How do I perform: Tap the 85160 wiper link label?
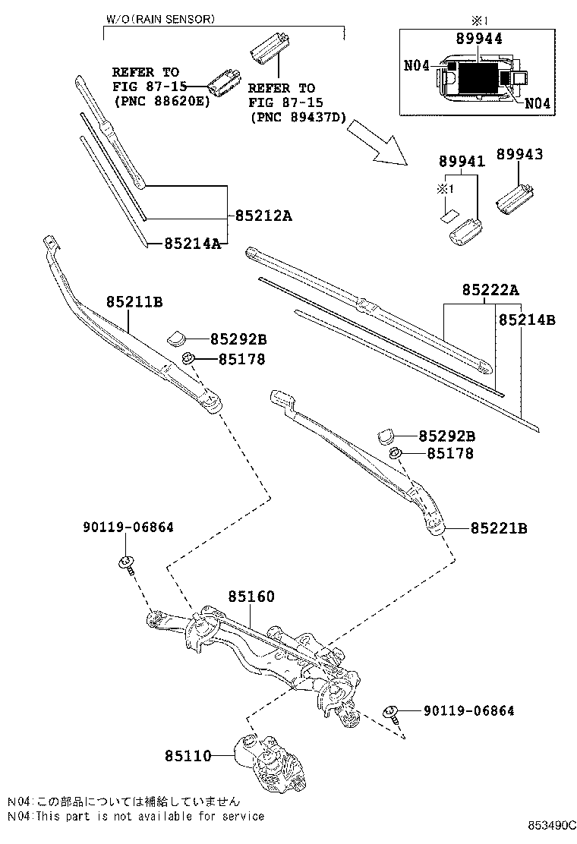click(250, 598)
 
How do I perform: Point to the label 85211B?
click(134, 302)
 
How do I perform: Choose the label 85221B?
click(498, 527)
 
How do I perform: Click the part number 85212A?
click(263, 216)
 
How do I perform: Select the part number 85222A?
click(490, 290)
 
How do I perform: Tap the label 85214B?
click(527, 320)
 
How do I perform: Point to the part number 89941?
click(460, 161)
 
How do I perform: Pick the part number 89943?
click(520, 154)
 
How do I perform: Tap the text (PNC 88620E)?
click(159, 99)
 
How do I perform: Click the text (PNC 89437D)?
click(298, 118)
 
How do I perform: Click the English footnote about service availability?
click(137, 816)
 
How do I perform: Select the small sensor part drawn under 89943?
click(515, 196)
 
